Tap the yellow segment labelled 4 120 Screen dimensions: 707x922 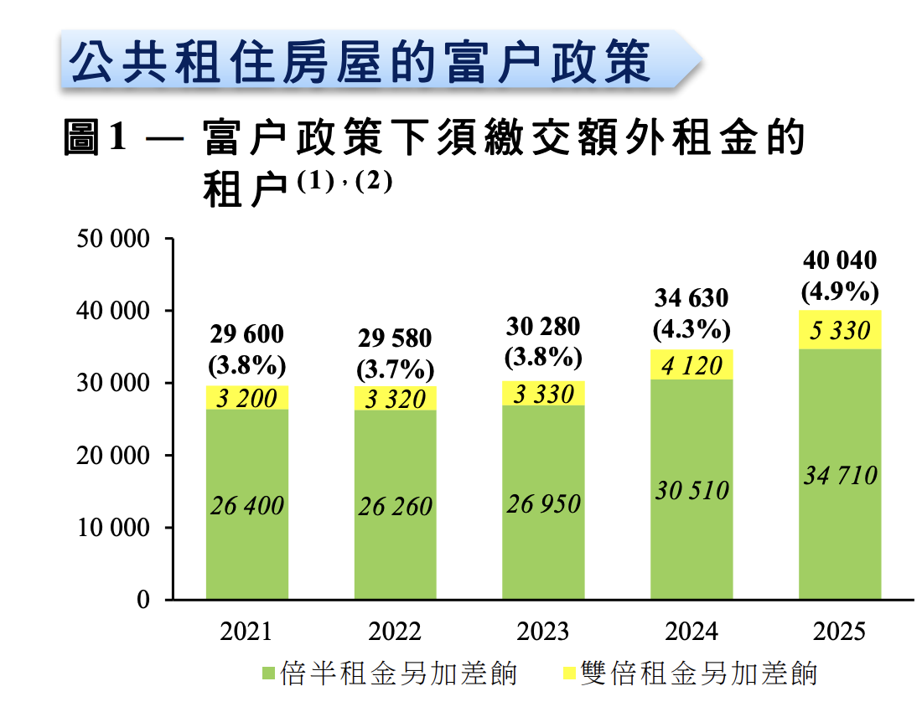click(691, 365)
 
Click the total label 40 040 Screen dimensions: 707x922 click(840, 261)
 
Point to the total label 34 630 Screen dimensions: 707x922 click(691, 298)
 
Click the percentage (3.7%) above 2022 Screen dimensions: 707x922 click(395, 368)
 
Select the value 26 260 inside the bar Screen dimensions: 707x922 click(395, 507)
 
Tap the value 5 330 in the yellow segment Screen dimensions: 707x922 click(840, 331)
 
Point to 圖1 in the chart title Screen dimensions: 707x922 click(95, 137)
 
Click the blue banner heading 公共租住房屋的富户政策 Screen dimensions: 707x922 click(360, 60)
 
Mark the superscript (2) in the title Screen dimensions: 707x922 click(374, 182)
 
